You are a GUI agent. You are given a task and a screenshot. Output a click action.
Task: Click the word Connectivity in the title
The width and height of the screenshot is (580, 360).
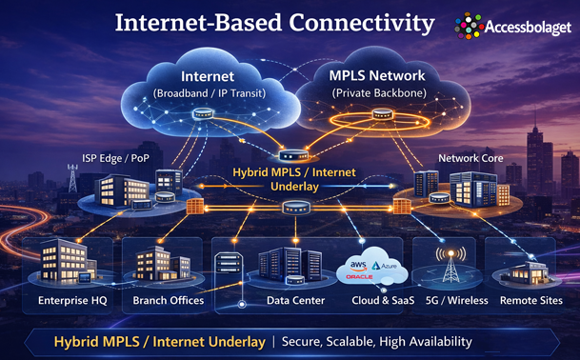(x=361, y=23)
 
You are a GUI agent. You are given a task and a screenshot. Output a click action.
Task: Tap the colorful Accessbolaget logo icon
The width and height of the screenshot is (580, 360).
(x=469, y=27)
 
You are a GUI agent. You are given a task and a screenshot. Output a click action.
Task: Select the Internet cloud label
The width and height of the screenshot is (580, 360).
(x=208, y=76)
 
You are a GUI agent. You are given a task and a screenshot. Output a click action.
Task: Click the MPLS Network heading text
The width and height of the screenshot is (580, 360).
(x=377, y=75)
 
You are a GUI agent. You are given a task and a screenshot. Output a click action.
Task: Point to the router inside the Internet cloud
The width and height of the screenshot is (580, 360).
(x=203, y=113)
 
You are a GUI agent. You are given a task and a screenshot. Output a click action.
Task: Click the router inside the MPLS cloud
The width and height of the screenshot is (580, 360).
(x=382, y=114)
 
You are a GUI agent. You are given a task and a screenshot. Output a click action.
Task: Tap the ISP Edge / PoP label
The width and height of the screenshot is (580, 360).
(x=115, y=158)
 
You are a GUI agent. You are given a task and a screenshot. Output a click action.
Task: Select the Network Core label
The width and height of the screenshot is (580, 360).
(x=470, y=158)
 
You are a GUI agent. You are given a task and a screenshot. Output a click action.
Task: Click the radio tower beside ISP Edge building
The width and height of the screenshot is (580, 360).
(x=72, y=178)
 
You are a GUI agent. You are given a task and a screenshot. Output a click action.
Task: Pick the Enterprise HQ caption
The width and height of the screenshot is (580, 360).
(x=72, y=300)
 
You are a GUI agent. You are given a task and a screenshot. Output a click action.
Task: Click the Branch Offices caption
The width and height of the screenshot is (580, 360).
(x=169, y=300)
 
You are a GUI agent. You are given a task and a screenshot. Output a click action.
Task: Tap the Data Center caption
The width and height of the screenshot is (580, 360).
(x=295, y=300)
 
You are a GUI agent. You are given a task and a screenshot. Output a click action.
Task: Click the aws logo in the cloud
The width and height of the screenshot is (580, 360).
(x=358, y=266)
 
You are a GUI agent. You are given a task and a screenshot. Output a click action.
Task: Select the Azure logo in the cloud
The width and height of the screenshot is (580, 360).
(x=385, y=266)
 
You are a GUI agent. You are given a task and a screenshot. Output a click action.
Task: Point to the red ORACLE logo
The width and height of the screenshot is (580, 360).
(x=359, y=277)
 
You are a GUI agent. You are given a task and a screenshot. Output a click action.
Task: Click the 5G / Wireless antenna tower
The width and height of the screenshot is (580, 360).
(x=450, y=265)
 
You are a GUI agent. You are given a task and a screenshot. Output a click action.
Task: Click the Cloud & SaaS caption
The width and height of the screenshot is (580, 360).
(x=383, y=300)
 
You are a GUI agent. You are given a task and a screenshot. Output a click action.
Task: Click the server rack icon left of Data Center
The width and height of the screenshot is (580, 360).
(x=228, y=263)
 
